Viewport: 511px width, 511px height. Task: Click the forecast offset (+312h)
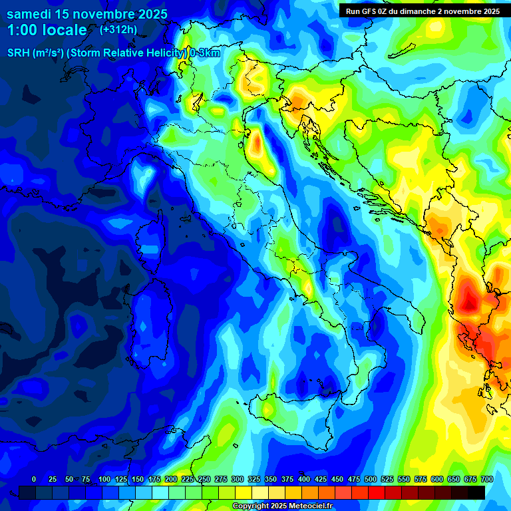[x=118, y=30]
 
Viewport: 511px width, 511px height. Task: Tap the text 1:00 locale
[x=47, y=31]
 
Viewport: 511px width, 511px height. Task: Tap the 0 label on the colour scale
[x=34, y=479]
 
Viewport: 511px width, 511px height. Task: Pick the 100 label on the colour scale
[x=104, y=479]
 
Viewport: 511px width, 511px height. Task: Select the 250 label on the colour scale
[x=204, y=479]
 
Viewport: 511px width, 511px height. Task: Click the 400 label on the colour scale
[x=303, y=479]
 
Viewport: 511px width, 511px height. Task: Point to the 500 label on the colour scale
[x=370, y=479]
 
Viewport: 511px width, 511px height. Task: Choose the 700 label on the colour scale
[x=486, y=479]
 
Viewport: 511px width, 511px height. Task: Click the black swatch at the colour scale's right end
[x=476, y=492]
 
